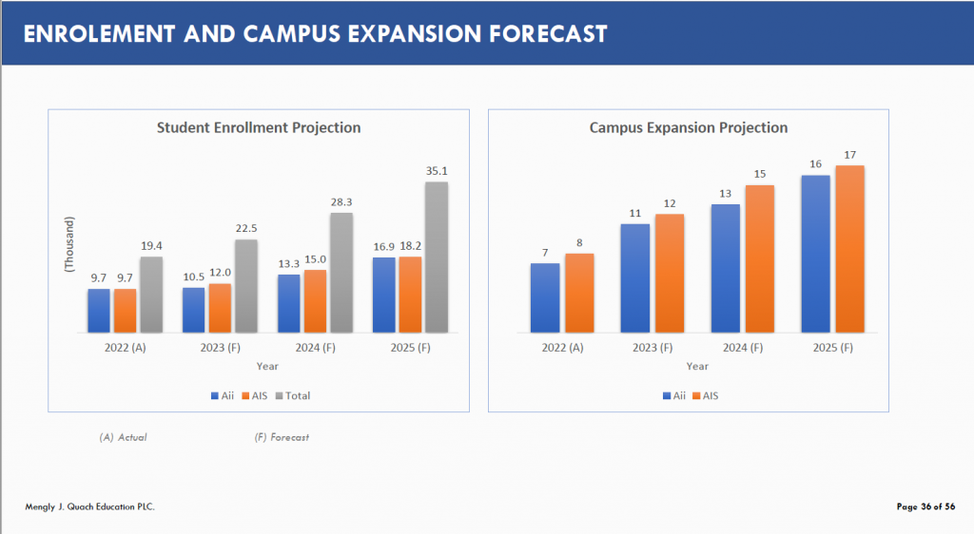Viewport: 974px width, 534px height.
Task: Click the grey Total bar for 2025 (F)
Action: tap(437, 257)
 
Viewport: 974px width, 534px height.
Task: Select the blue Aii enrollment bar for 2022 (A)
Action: tap(99, 311)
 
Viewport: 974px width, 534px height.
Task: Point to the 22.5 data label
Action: tap(246, 228)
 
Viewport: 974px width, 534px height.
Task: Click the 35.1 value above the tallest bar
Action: tap(437, 171)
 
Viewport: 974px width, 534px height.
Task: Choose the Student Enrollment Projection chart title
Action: tap(259, 127)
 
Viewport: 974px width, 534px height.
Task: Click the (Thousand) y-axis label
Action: tap(69, 245)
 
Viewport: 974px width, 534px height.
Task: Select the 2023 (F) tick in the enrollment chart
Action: tap(221, 349)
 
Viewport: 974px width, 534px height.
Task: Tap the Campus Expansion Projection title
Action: tap(689, 127)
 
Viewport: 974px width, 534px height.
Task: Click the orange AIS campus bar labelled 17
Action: tap(850, 249)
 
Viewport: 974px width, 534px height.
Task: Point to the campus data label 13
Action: tap(727, 193)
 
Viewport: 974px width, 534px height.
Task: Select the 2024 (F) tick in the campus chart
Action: tap(743, 349)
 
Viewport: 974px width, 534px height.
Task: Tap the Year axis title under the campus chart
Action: tap(697, 366)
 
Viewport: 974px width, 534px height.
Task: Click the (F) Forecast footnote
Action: tap(282, 437)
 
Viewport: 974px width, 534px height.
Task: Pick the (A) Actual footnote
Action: tap(124, 437)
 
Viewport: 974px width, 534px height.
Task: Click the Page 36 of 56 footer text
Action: tap(925, 506)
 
